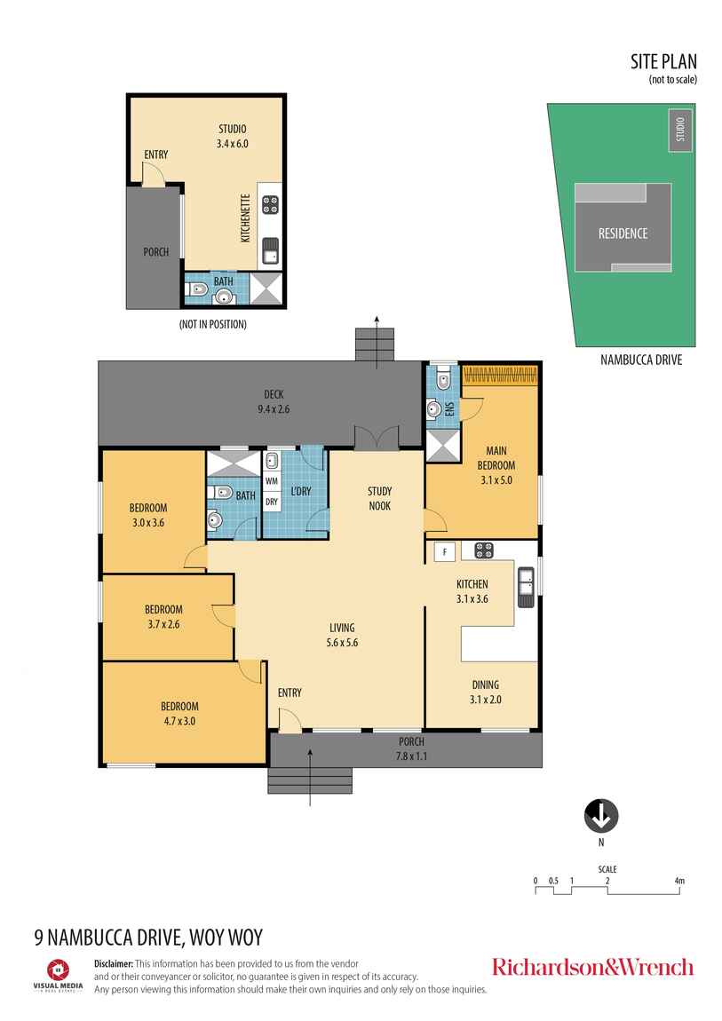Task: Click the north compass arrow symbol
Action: [x=601, y=815]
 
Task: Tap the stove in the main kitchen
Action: [x=483, y=551]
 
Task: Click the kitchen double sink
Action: [x=526, y=586]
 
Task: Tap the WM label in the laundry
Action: [x=272, y=481]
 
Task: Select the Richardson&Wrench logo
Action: [x=592, y=967]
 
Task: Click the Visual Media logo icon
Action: [x=59, y=969]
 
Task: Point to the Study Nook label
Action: [x=380, y=498]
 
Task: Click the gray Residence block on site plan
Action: [x=622, y=233]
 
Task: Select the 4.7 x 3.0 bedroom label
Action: [x=178, y=714]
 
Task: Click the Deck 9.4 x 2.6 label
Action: [x=272, y=401]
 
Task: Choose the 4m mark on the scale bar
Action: [x=679, y=882]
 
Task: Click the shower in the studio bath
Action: [x=266, y=289]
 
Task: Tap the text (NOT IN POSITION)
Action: [x=212, y=324]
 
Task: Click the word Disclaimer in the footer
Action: [x=114, y=963]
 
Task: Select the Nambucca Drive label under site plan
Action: [x=642, y=360]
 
